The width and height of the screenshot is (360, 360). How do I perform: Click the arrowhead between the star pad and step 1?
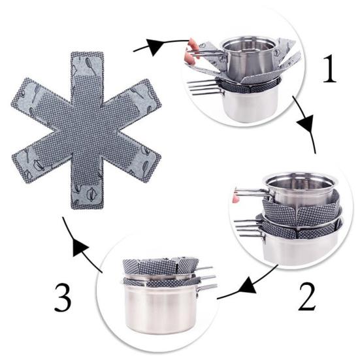coord(156,45)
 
